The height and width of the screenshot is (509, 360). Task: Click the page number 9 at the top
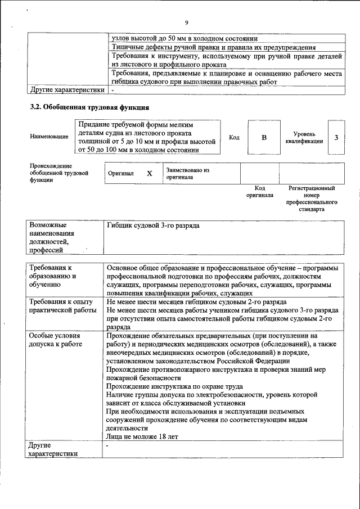(x=186, y=22)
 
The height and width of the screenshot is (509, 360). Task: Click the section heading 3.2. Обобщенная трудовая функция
(x=89, y=107)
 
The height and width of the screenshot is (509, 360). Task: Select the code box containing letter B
(x=264, y=137)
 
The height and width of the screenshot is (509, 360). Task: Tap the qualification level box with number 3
(x=336, y=137)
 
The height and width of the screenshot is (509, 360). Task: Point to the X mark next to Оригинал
(x=150, y=173)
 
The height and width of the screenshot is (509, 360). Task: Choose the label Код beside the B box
(x=234, y=137)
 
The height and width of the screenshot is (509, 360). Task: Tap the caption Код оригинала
(x=259, y=192)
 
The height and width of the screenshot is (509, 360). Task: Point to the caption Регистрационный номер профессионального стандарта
(x=311, y=199)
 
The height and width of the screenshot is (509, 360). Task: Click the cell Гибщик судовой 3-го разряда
(x=153, y=226)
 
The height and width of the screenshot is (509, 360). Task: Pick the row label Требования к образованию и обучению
(x=52, y=277)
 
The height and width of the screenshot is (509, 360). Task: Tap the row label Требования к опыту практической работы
(x=62, y=306)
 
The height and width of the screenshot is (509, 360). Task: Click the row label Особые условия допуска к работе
(x=55, y=340)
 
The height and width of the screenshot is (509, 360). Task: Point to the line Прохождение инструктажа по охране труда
(x=174, y=386)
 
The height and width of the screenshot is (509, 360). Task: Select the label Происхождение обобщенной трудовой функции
(x=59, y=173)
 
